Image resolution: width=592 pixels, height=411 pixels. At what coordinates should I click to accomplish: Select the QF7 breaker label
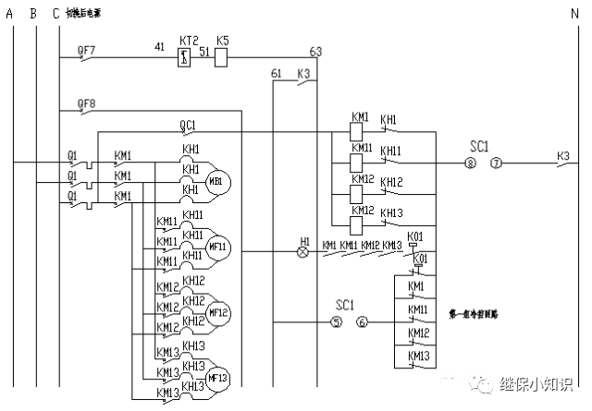[x=85, y=48]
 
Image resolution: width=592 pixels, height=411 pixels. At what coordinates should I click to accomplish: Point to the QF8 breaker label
[x=85, y=104]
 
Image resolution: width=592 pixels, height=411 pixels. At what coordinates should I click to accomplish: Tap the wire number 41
[x=159, y=47]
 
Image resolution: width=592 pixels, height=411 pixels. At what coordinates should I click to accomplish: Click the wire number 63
[x=316, y=51]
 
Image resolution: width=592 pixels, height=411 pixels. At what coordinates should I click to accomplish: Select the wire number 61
[x=276, y=74]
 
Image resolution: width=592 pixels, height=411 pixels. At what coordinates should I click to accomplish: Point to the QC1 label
[x=188, y=124]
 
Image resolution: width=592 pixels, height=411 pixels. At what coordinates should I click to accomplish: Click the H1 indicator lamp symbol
[x=302, y=251]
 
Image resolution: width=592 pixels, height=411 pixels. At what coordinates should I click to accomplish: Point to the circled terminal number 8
[x=470, y=163]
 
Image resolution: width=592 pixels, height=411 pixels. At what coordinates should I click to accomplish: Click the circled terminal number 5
[x=336, y=322]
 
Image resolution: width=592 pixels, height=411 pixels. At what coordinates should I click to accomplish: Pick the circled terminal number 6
[x=362, y=322]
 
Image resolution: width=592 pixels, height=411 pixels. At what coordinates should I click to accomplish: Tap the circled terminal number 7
[x=496, y=163]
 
